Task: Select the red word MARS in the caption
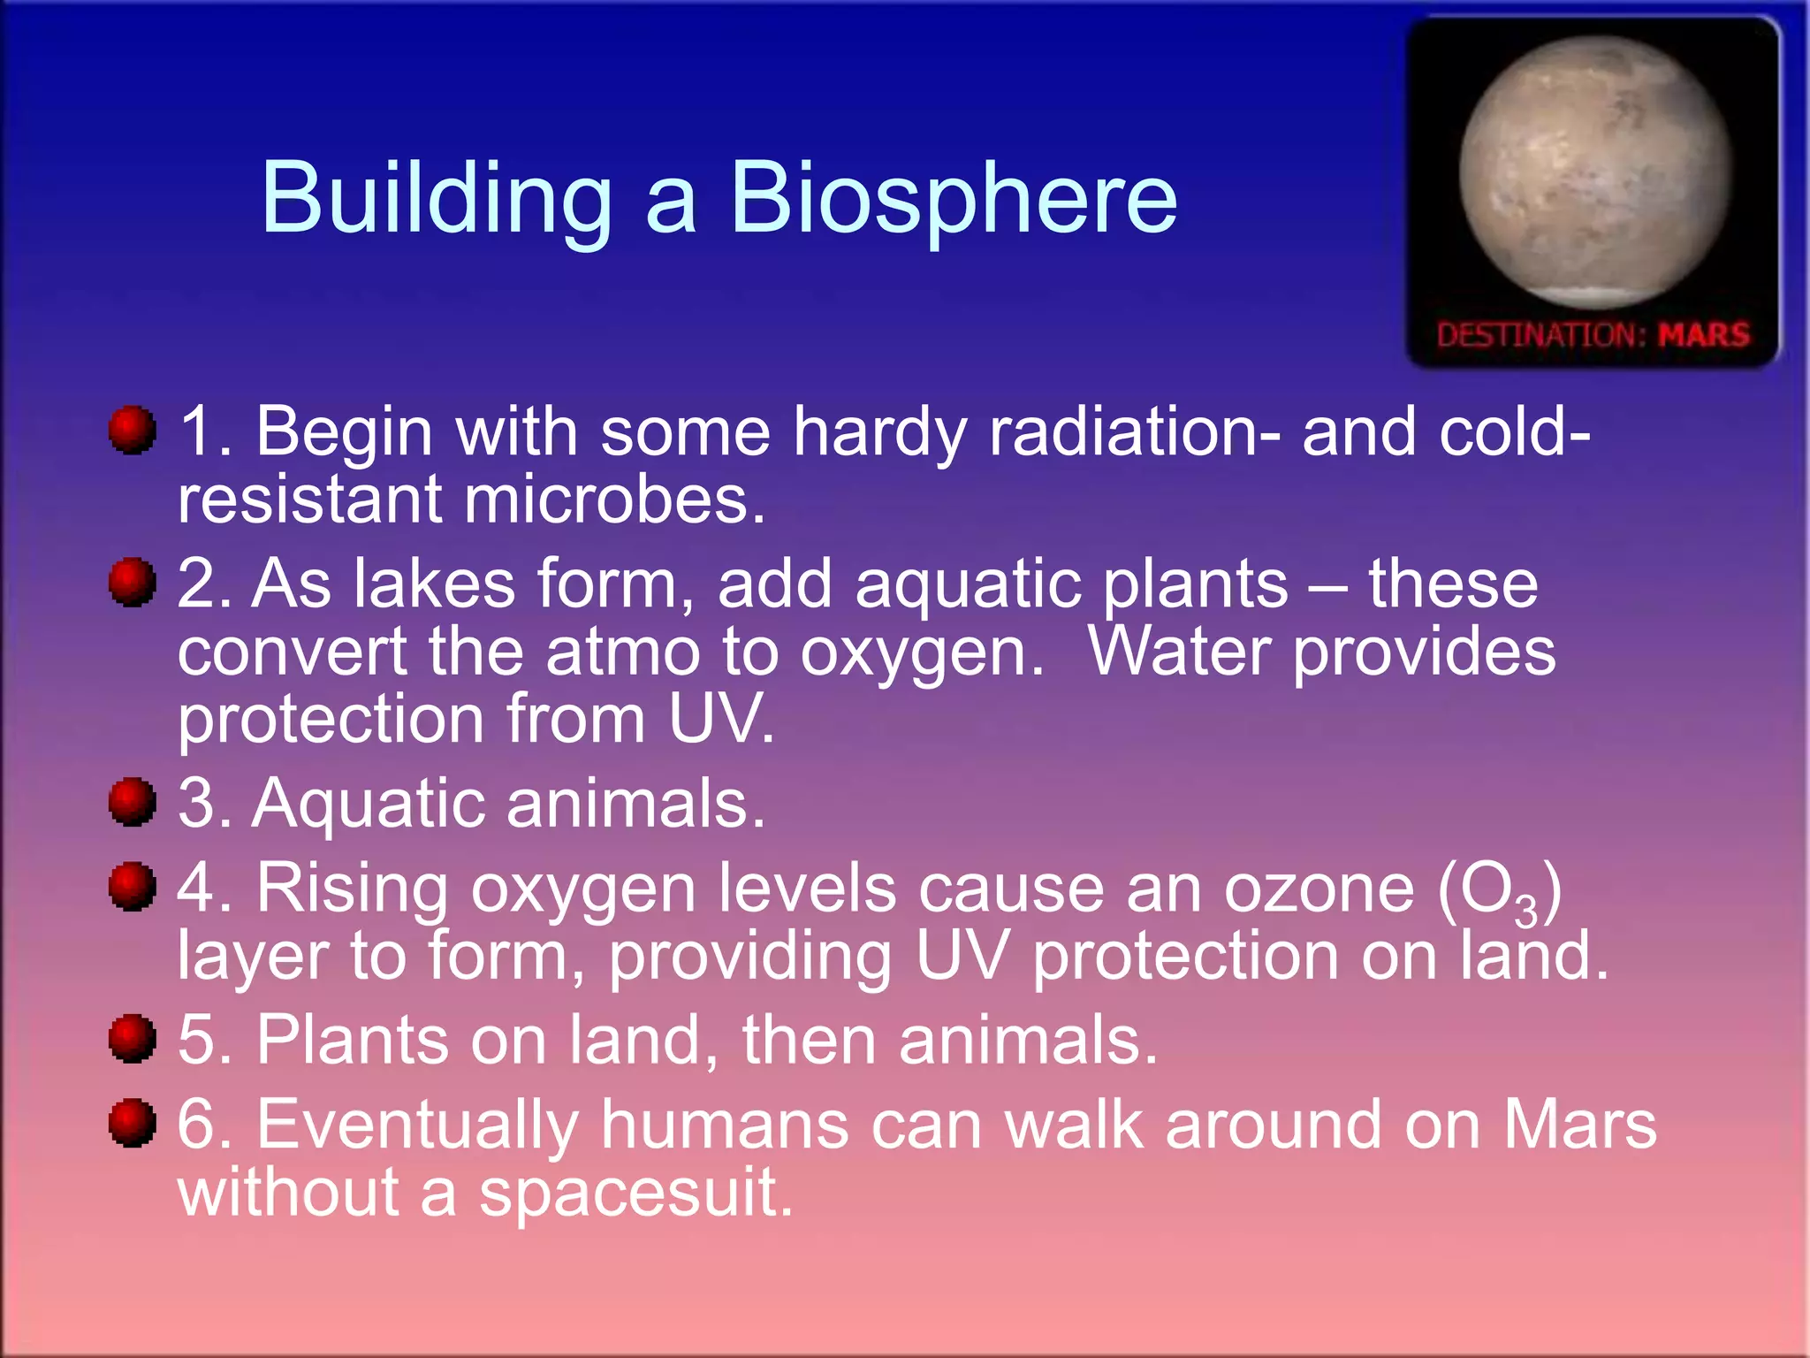click(1703, 335)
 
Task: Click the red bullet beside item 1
click(133, 431)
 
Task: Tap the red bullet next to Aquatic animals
click(133, 802)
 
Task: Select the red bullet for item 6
click(133, 1123)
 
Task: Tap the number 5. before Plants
click(205, 1040)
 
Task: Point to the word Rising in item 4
click(352, 889)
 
